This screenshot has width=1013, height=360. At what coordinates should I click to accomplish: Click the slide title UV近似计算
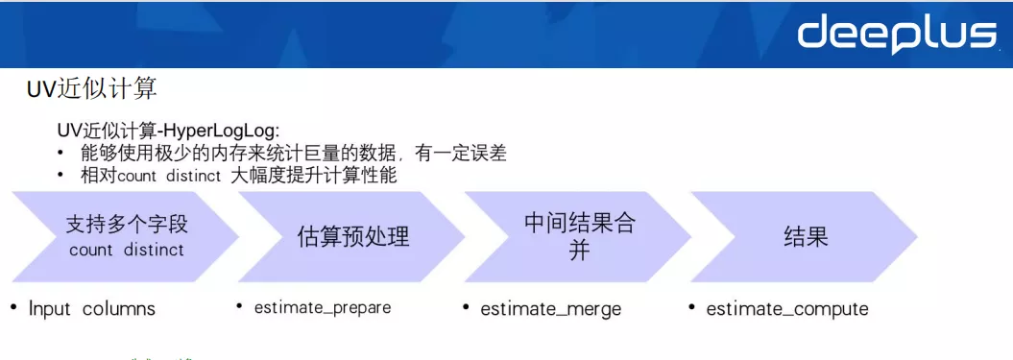91,89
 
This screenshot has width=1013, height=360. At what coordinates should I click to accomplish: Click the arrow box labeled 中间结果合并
579,236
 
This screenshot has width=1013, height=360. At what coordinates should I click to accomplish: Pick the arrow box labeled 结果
805,236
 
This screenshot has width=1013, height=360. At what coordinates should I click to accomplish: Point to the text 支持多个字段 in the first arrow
127,225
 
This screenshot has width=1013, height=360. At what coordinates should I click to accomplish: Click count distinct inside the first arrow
127,250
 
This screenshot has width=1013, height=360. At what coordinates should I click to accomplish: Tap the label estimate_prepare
322,308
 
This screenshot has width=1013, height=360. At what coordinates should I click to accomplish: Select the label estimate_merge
550,309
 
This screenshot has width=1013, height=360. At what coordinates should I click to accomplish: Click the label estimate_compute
786,309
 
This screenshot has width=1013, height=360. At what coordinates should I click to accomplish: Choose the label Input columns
91,309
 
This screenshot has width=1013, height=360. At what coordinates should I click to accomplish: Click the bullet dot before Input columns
13,307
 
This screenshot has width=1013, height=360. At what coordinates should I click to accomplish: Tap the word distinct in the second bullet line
192,177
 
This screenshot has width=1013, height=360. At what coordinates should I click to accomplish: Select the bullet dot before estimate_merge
466,306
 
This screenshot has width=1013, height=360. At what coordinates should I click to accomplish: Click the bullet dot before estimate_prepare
239,306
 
